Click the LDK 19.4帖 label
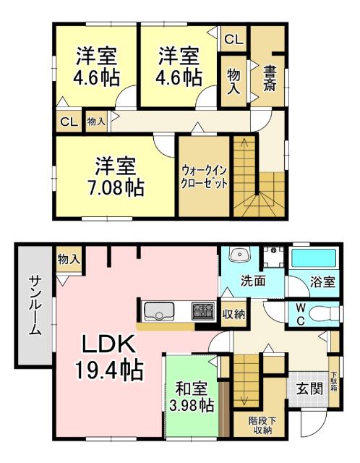click(109, 357)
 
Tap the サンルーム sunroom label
click(34, 305)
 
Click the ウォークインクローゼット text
click(205, 177)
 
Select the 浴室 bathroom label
click(322, 281)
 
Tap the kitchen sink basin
click(158, 312)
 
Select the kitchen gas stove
click(202, 312)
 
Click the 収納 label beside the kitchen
click(233, 313)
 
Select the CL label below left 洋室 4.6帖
click(69, 122)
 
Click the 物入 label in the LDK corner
click(69, 258)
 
